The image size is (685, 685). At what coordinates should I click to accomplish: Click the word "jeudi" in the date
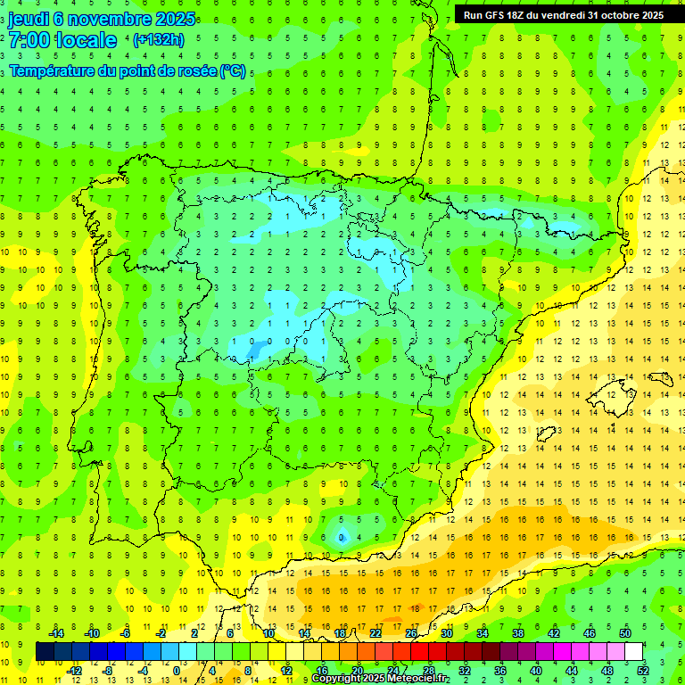coord(29,19)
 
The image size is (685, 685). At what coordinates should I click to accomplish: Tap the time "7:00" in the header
coord(31,40)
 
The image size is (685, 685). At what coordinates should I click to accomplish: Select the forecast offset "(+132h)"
coord(158,40)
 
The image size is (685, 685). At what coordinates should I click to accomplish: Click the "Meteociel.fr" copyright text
coord(410,679)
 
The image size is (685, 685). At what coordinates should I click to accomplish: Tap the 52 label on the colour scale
coord(642,671)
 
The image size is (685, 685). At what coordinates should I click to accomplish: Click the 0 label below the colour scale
coord(177,671)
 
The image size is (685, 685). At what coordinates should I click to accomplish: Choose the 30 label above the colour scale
coord(447,633)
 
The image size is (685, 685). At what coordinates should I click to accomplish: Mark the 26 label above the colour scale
coord(411,633)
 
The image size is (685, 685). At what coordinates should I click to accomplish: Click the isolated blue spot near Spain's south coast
coord(342,537)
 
